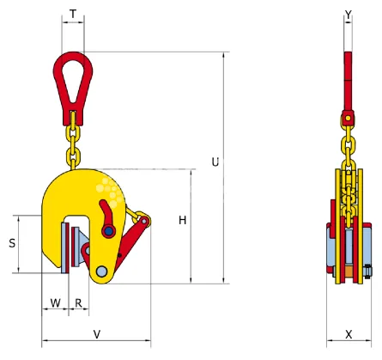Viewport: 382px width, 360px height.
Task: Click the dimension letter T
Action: click(x=73, y=14)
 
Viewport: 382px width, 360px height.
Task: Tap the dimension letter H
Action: click(x=183, y=221)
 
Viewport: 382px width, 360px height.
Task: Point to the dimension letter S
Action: click(x=12, y=243)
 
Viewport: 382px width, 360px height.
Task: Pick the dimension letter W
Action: click(x=55, y=302)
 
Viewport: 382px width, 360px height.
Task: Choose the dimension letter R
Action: click(x=78, y=302)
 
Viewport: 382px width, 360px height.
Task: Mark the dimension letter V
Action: click(x=96, y=333)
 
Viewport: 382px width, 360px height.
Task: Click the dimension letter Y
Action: click(x=348, y=14)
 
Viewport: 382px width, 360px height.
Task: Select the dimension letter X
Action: click(x=349, y=333)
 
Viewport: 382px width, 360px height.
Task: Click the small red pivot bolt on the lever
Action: click(x=109, y=229)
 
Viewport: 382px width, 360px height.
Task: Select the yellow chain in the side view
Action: click(x=72, y=142)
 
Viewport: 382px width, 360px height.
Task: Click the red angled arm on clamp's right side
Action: click(x=133, y=241)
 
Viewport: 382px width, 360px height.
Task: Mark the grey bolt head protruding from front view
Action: click(x=367, y=272)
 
